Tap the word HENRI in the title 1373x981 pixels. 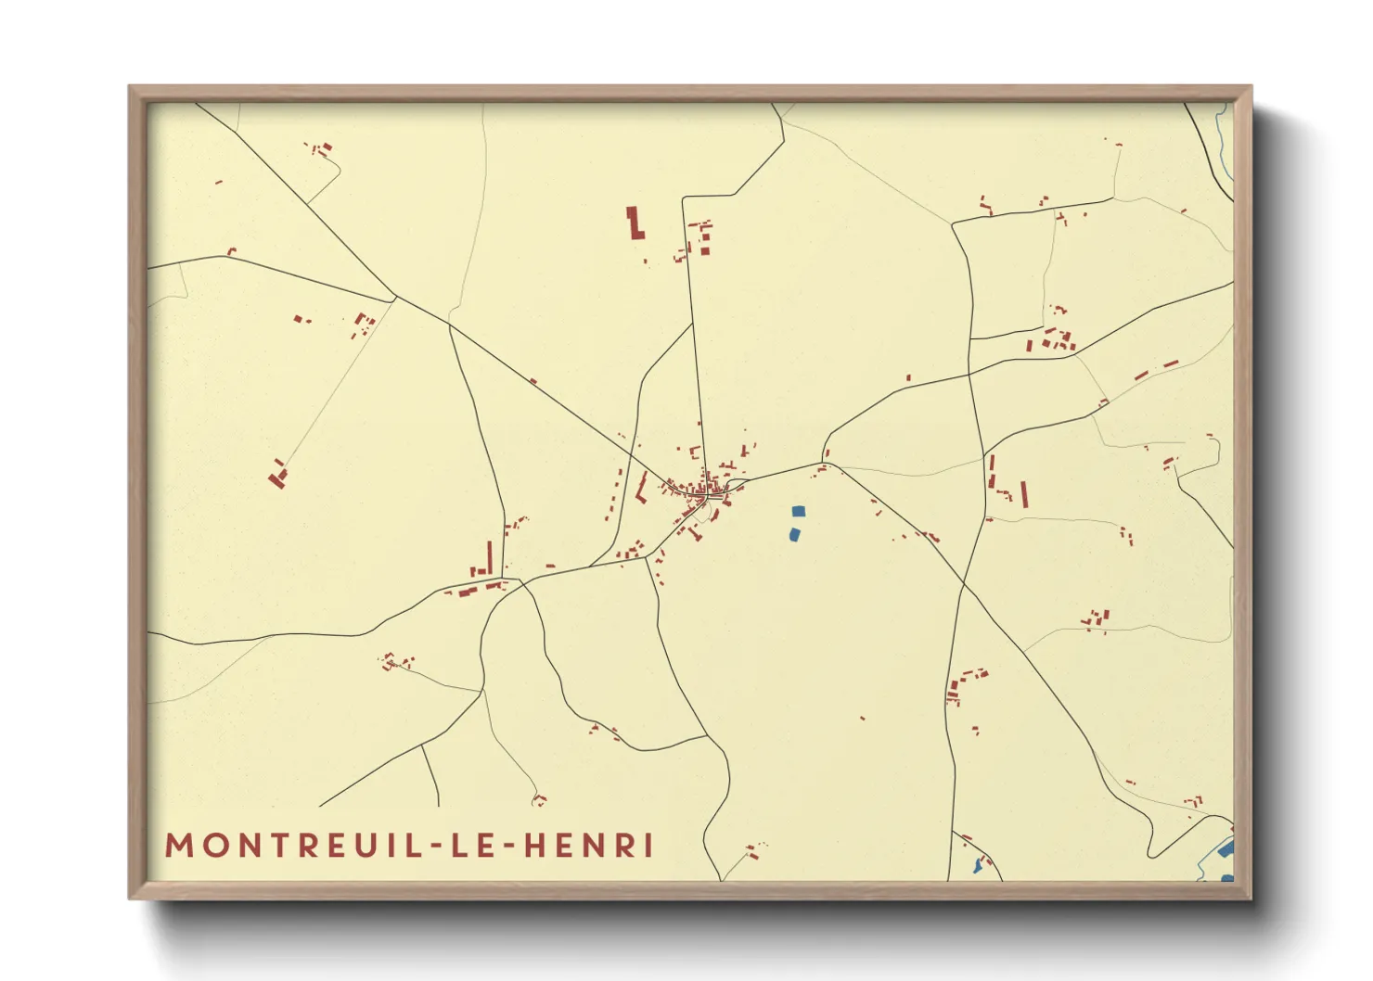tap(589, 846)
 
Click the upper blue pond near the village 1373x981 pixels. tap(798, 511)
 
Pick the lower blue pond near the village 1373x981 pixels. tap(794, 534)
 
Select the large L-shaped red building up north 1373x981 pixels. tap(635, 224)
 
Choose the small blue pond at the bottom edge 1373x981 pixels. tap(977, 866)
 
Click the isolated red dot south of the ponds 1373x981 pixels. tap(863, 718)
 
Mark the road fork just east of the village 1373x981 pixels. tap(825, 462)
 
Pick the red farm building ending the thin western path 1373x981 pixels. tap(277, 478)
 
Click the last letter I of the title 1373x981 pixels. tap(649, 846)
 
